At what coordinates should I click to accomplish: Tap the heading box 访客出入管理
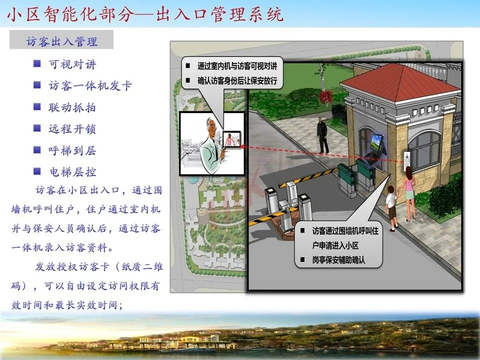(61, 41)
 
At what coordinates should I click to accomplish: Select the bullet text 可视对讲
(72, 64)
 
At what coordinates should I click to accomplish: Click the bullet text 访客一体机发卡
(90, 85)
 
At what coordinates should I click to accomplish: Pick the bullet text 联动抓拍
(72, 107)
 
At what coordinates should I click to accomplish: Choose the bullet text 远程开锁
(72, 129)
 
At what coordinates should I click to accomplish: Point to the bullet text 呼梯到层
(72, 150)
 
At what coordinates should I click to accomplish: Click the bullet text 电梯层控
(72, 172)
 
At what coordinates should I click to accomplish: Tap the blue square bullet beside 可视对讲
(37, 64)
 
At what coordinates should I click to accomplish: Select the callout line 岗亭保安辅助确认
(338, 259)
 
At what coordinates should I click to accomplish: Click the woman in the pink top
(409, 192)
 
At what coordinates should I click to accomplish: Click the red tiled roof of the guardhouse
(400, 80)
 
